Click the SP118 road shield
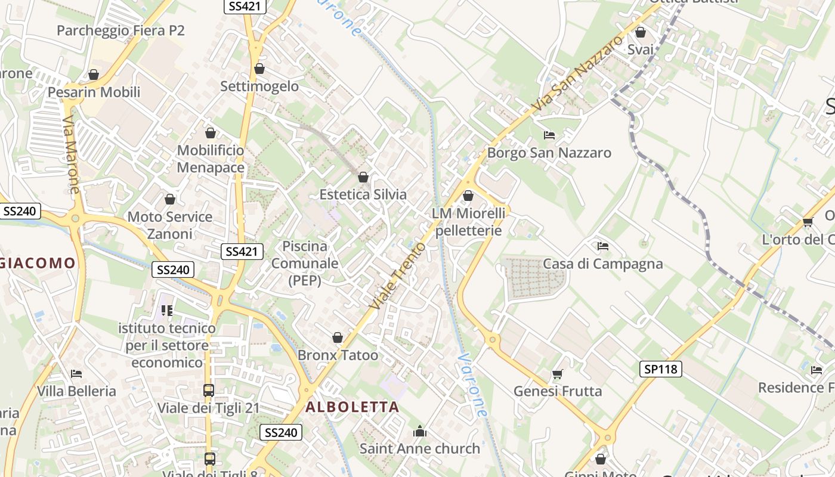[661, 369]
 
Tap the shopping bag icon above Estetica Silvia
[363, 176]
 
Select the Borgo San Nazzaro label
[549, 153]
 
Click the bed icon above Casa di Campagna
[603, 246]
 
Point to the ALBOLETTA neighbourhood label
[352, 407]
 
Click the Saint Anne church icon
[420, 430]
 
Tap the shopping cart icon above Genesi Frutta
[557, 374]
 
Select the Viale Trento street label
[398, 275]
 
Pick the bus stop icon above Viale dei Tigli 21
[209, 391]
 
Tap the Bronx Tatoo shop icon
[338, 337]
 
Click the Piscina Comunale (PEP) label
[305, 263]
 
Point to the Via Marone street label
[70, 154]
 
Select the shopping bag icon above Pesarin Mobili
[94, 75]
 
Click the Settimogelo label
[259, 86]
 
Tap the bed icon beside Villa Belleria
[76, 374]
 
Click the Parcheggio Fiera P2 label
[120, 30]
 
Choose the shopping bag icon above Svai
[641, 32]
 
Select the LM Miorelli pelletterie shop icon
[468, 195]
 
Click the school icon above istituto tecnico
[167, 310]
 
